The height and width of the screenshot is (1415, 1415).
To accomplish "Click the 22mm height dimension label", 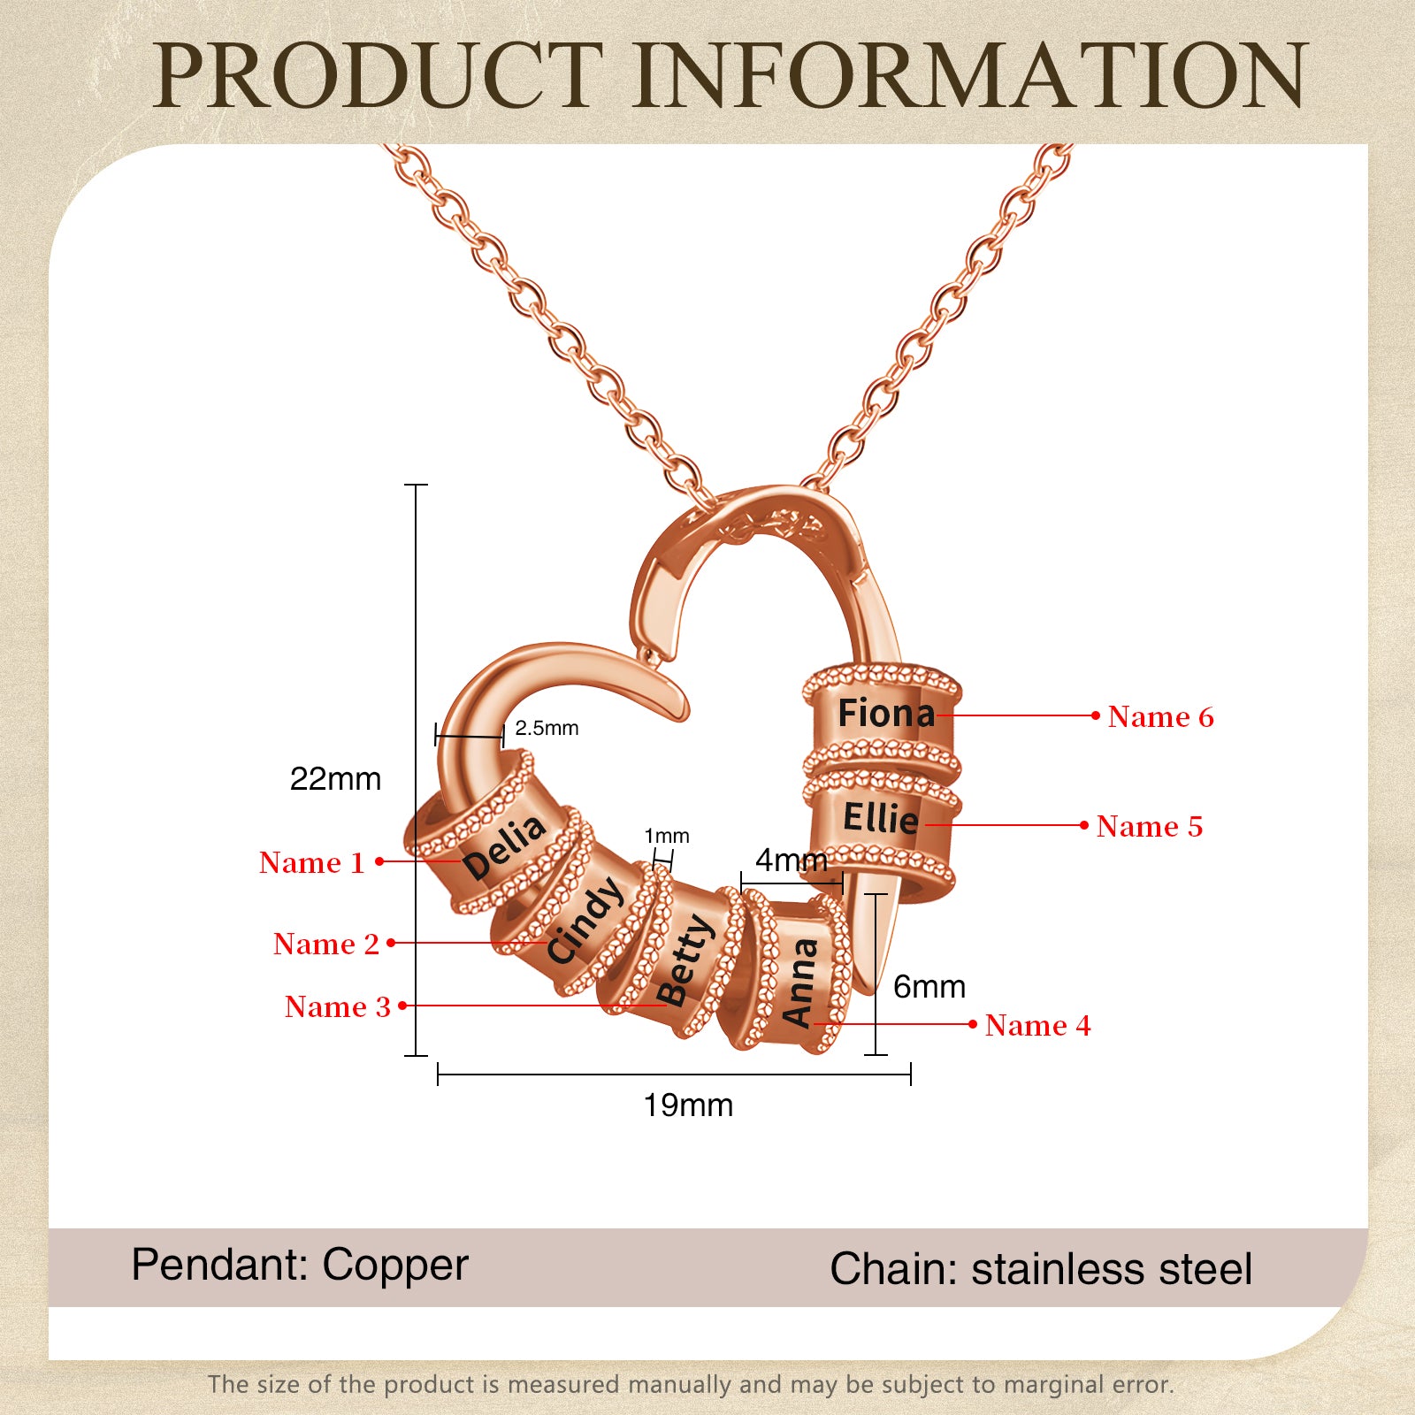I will pyautogui.click(x=335, y=779).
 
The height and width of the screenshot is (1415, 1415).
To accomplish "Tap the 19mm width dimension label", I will pyautogui.click(x=688, y=1105).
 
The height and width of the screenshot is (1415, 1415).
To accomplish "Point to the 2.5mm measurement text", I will pyautogui.click(x=547, y=728).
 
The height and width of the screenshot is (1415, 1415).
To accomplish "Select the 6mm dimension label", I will pyautogui.click(x=929, y=987).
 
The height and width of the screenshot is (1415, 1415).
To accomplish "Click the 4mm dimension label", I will pyautogui.click(x=791, y=860).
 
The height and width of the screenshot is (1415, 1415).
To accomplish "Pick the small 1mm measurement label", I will pyautogui.click(x=666, y=836).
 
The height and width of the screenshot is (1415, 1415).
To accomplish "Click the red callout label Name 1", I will pyautogui.click(x=311, y=862).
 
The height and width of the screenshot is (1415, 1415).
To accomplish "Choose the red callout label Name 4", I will pyautogui.click(x=1037, y=1025).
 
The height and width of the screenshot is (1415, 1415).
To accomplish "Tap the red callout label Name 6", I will pyautogui.click(x=1160, y=716).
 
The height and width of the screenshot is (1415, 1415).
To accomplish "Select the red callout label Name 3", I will pyautogui.click(x=337, y=1006).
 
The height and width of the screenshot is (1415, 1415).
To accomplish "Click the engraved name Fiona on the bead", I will pyautogui.click(x=885, y=714).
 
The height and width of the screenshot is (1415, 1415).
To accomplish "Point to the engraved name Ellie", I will pyautogui.click(x=880, y=818).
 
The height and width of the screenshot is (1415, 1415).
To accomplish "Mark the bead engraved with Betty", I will pyautogui.click(x=683, y=960).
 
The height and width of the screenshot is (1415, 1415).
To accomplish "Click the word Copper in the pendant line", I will pyautogui.click(x=394, y=1265).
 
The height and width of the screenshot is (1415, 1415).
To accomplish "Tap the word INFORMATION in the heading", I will pyautogui.click(x=970, y=76).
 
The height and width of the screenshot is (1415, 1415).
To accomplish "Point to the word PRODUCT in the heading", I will pyautogui.click(x=379, y=76).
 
